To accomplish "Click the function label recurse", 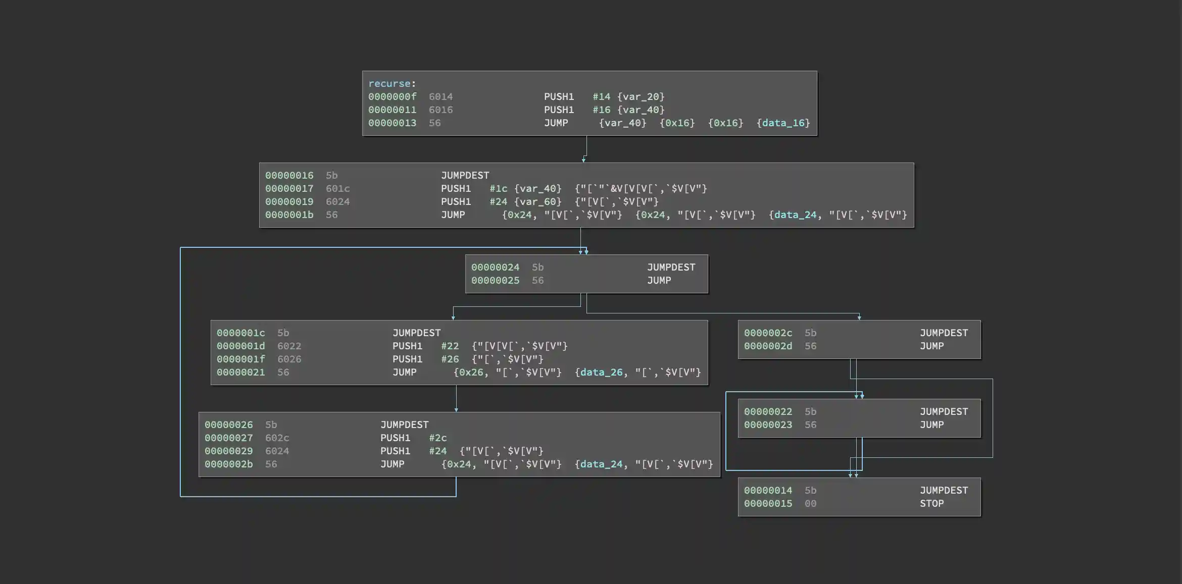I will click(389, 84).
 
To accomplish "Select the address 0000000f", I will click(392, 97).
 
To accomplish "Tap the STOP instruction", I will click(931, 504).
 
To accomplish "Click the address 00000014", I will click(768, 491).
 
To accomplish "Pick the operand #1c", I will click(498, 189).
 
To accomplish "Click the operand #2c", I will click(437, 438).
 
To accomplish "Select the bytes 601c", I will click(337, 189).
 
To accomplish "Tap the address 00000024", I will click(495, 268).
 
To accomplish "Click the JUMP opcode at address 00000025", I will click(659, 281).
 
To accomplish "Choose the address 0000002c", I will click(768, 333).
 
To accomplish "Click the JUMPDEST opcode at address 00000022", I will click(944, 412).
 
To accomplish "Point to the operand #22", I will click(450, 346).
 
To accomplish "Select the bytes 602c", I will click(277, 438).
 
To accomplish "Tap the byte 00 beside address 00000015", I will click(810, 504).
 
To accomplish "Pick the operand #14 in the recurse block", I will click(601, 97).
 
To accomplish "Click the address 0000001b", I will click(289, 215).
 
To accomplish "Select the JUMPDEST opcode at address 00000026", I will click(404, 425).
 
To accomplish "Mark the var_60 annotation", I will click(537, 202).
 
